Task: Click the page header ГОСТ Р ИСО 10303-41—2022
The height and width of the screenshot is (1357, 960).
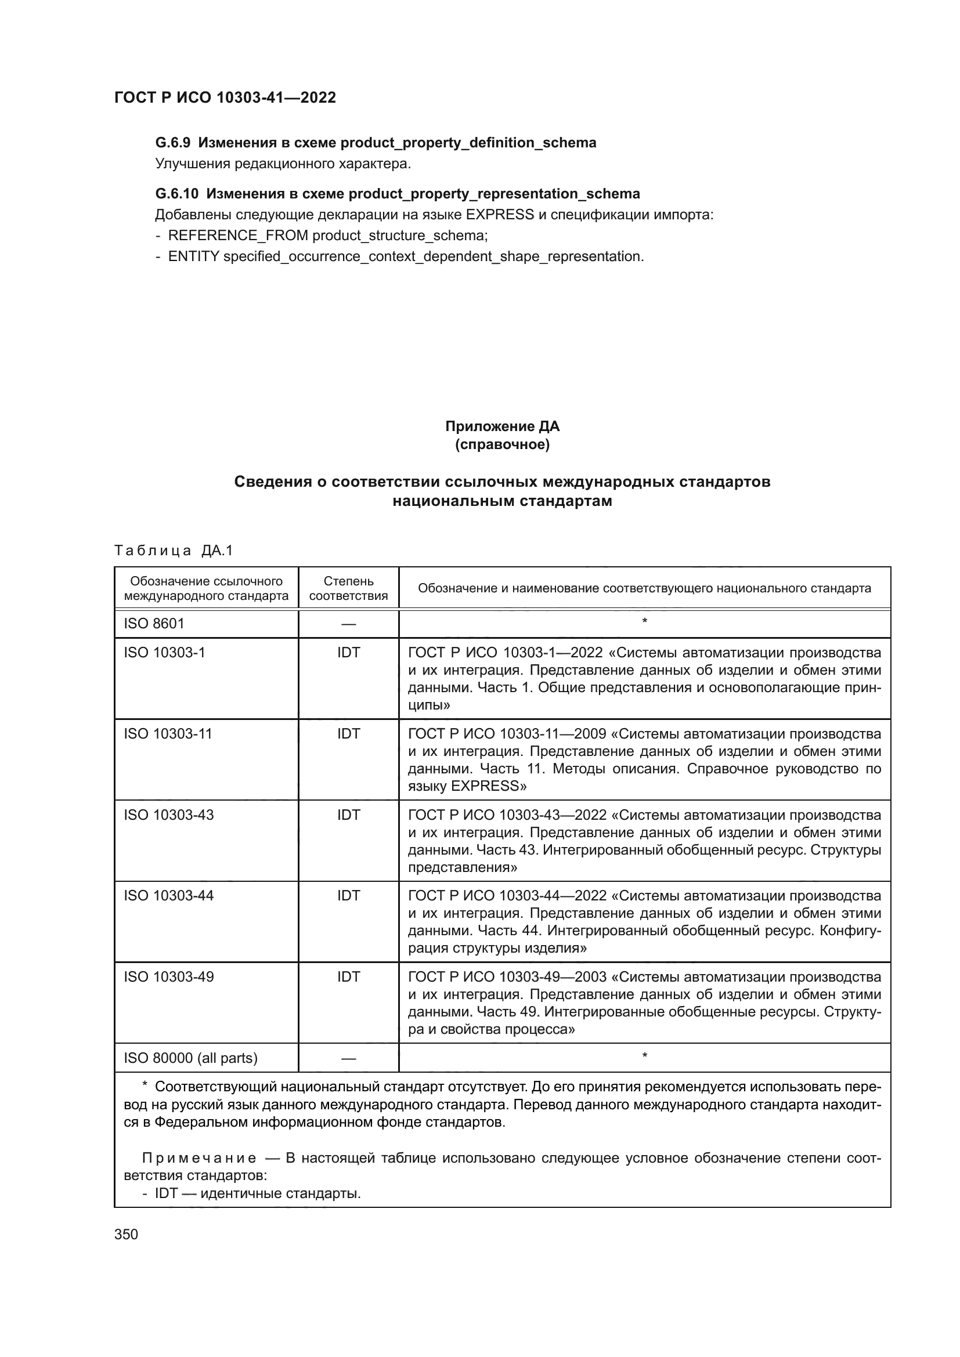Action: pyautogui.click(x=225, y=97)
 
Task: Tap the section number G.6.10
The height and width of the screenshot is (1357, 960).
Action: pyautogui.click(x=176, y=194)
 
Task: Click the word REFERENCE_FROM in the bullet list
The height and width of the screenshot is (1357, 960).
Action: pyautogui.click(x=237, y=236)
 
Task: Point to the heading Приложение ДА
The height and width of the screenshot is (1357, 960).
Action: pyautogui.click(x=502, y=426)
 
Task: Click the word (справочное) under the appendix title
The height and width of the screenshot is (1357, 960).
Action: pyautogui.click(x=502, y=444)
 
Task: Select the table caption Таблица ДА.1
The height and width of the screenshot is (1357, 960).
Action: pyautogui.click(x=173, y=551)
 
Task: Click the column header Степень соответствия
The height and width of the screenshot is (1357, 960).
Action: pyautogui.click(x=348, y=588)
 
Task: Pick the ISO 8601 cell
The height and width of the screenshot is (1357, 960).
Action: pyautogui.click(x=154, y=624)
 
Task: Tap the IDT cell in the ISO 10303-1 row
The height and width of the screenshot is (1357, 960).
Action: pyautogui.click(x=348, y=653)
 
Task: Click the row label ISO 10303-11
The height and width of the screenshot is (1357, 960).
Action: pyautogui.click(x=167, y=733)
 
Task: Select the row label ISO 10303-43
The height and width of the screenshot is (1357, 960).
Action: pyautogui.click(x=168, y=815)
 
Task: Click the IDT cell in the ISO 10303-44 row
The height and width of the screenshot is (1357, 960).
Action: pyautogui.click(x=348, y=896)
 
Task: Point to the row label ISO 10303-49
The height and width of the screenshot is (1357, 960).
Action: pyautogui.click(x=168, y=977)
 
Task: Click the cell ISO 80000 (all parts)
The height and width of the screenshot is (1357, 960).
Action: pyautogui.click(x=190, y=1058)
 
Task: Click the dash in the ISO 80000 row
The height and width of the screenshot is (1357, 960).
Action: pyautogui.click(x=348, y=1059)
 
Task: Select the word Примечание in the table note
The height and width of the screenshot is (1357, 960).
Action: pyautogui.click(x=199, y=1158)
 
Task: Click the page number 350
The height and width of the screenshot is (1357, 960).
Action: pyautogui.click(x=126, y=1235)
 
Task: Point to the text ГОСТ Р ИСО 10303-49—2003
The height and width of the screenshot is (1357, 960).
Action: pyautogui.click(x=507, y=977)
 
